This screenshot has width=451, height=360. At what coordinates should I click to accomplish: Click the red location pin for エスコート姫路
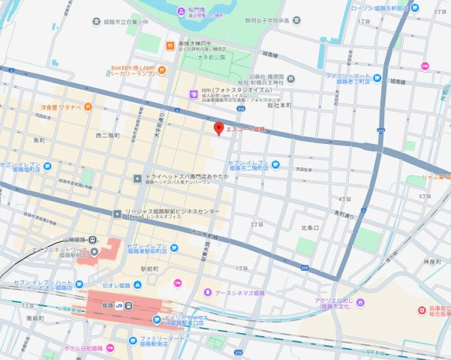[x=219, y=128]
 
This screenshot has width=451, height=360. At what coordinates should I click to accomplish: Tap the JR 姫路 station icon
[x=128, y=305]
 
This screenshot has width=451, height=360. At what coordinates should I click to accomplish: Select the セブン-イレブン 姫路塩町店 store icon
[x=47, y=166]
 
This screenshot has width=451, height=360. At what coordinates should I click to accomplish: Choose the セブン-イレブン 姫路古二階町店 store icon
[x=275, y=165]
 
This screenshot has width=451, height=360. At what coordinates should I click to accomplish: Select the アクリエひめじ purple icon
[x=361, y=303]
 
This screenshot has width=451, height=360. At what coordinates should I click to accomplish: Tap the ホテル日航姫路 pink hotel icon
[x=110, y=348]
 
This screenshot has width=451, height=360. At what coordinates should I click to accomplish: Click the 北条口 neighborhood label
[x=309, y=226]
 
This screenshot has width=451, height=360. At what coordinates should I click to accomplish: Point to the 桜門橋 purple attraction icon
[x=181, y=10]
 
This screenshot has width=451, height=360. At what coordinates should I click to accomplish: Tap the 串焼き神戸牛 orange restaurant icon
[x=171, y=44]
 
